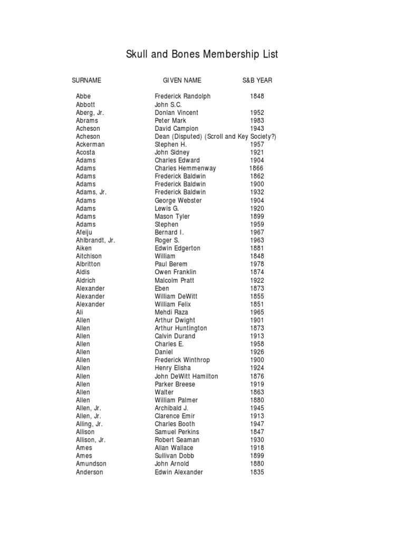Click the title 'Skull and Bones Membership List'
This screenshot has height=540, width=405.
pyautogui.click(x=202, y=54)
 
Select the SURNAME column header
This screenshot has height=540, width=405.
pyautogui.click(x=86, y=81)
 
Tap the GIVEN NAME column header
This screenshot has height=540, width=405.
pyautogui.click(x=182, y=81)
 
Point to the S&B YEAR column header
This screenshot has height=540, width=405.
pyautogui.click(x=257, y=81)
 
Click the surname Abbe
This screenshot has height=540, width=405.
pyautogui.click(x=83, y=97)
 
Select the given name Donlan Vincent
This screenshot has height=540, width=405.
pyautogui.click(x=176, y=112)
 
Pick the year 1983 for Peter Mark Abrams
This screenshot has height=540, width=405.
pyautogui.click(x=257, y=120)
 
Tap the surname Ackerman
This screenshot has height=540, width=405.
pyautogui.click(x=90, y=144)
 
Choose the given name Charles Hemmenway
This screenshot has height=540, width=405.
pyautogui.click(x=185, y=168)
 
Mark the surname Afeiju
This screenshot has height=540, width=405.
pyautogui.click(x=85, y=232)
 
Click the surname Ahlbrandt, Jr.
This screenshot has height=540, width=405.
pyautogui.click(x=95, y=240)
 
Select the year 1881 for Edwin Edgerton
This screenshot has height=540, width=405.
pyautogui.click(x=257, y=248)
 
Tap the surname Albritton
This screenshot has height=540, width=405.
pyautogui.click(x=88, y=264)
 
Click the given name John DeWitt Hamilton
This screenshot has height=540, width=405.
pyautogui.click(x=186, y=376)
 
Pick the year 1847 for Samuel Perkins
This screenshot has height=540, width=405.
pyautogui.click(x=257, y=432)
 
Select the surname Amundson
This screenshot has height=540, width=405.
pyautogui.click(x=90, y=464)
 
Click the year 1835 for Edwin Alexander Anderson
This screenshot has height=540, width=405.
pyautogui.click(x=257, y=472)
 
